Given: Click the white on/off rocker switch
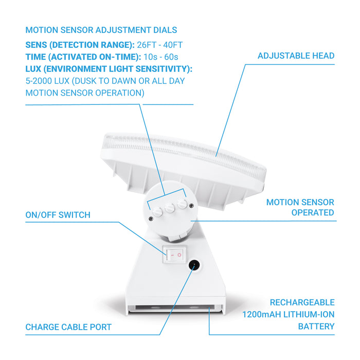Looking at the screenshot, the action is tap(174, 255).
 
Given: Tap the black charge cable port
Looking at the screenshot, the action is tap(194, 265).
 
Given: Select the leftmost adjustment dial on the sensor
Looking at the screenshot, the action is tap(157, 211).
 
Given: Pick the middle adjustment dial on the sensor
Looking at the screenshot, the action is tap(170, 208).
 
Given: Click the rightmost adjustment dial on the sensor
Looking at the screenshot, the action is tap(182, 204).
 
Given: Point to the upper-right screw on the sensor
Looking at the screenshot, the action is tap(191, 206).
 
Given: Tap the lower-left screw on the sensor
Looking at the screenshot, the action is tap(151, 219).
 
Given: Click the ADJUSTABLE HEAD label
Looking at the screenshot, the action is tap(296, 56).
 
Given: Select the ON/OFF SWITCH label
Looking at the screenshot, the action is tap(58, 215).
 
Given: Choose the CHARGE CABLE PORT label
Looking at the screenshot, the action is tap(68, 327).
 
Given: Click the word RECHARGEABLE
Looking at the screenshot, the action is tap(302, 302).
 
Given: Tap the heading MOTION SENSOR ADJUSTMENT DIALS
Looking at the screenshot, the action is tap(101, 30).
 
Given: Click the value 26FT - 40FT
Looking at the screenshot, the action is tap(160, 45).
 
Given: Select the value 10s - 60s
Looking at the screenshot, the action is tap(160, 57).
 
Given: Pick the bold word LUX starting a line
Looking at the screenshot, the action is tap(33, 69).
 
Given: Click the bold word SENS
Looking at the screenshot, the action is tap(37, 45).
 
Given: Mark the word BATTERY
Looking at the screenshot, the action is tap(316, 326).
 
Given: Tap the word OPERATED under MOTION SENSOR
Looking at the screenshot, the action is tap(313, 212).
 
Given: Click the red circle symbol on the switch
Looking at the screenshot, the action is tap(179, 255).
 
